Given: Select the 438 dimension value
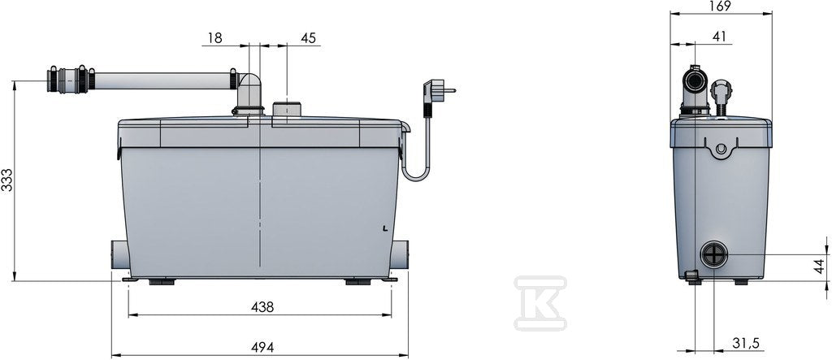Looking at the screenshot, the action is (262, 307).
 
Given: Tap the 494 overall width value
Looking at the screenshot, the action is (262, 347).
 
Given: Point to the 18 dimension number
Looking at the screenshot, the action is (214, 38).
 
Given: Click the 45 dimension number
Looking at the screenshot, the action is (308, 38).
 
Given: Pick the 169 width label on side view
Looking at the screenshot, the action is (720, 6).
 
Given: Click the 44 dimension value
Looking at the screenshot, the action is (821, 267).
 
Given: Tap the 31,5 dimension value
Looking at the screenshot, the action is (745, 344).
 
